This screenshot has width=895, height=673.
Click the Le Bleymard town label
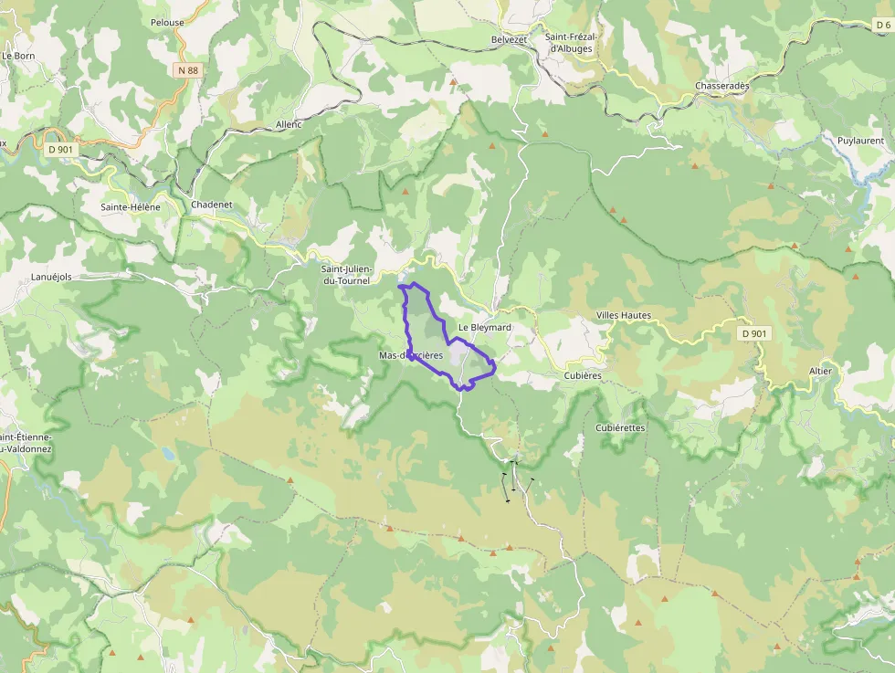[x=484, y=327]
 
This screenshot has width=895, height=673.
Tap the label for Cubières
[x=583, y=375]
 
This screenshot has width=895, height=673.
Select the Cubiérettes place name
[x=620, y=427]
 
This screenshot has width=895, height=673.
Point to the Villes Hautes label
[x=624, y=315]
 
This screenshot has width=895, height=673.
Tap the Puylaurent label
[x=860, y=141]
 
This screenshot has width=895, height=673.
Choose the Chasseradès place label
[x=721, y=86]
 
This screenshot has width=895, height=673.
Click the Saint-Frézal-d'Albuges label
[x=571, y=43]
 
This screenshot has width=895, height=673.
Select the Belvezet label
[x=510, y=39]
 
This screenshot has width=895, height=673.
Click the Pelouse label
[x=167, y=23]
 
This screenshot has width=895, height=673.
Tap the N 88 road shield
[x=186, y=69]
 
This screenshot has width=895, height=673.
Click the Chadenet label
[x=212, y=205]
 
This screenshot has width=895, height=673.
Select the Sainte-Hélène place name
[x=131, y=207]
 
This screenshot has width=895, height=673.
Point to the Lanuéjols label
[x=51, y=277]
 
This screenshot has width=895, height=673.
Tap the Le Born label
[x=18, y=56]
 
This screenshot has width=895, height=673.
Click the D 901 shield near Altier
[x=753, y=333]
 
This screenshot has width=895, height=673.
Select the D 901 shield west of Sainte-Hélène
[x=59, y=149]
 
